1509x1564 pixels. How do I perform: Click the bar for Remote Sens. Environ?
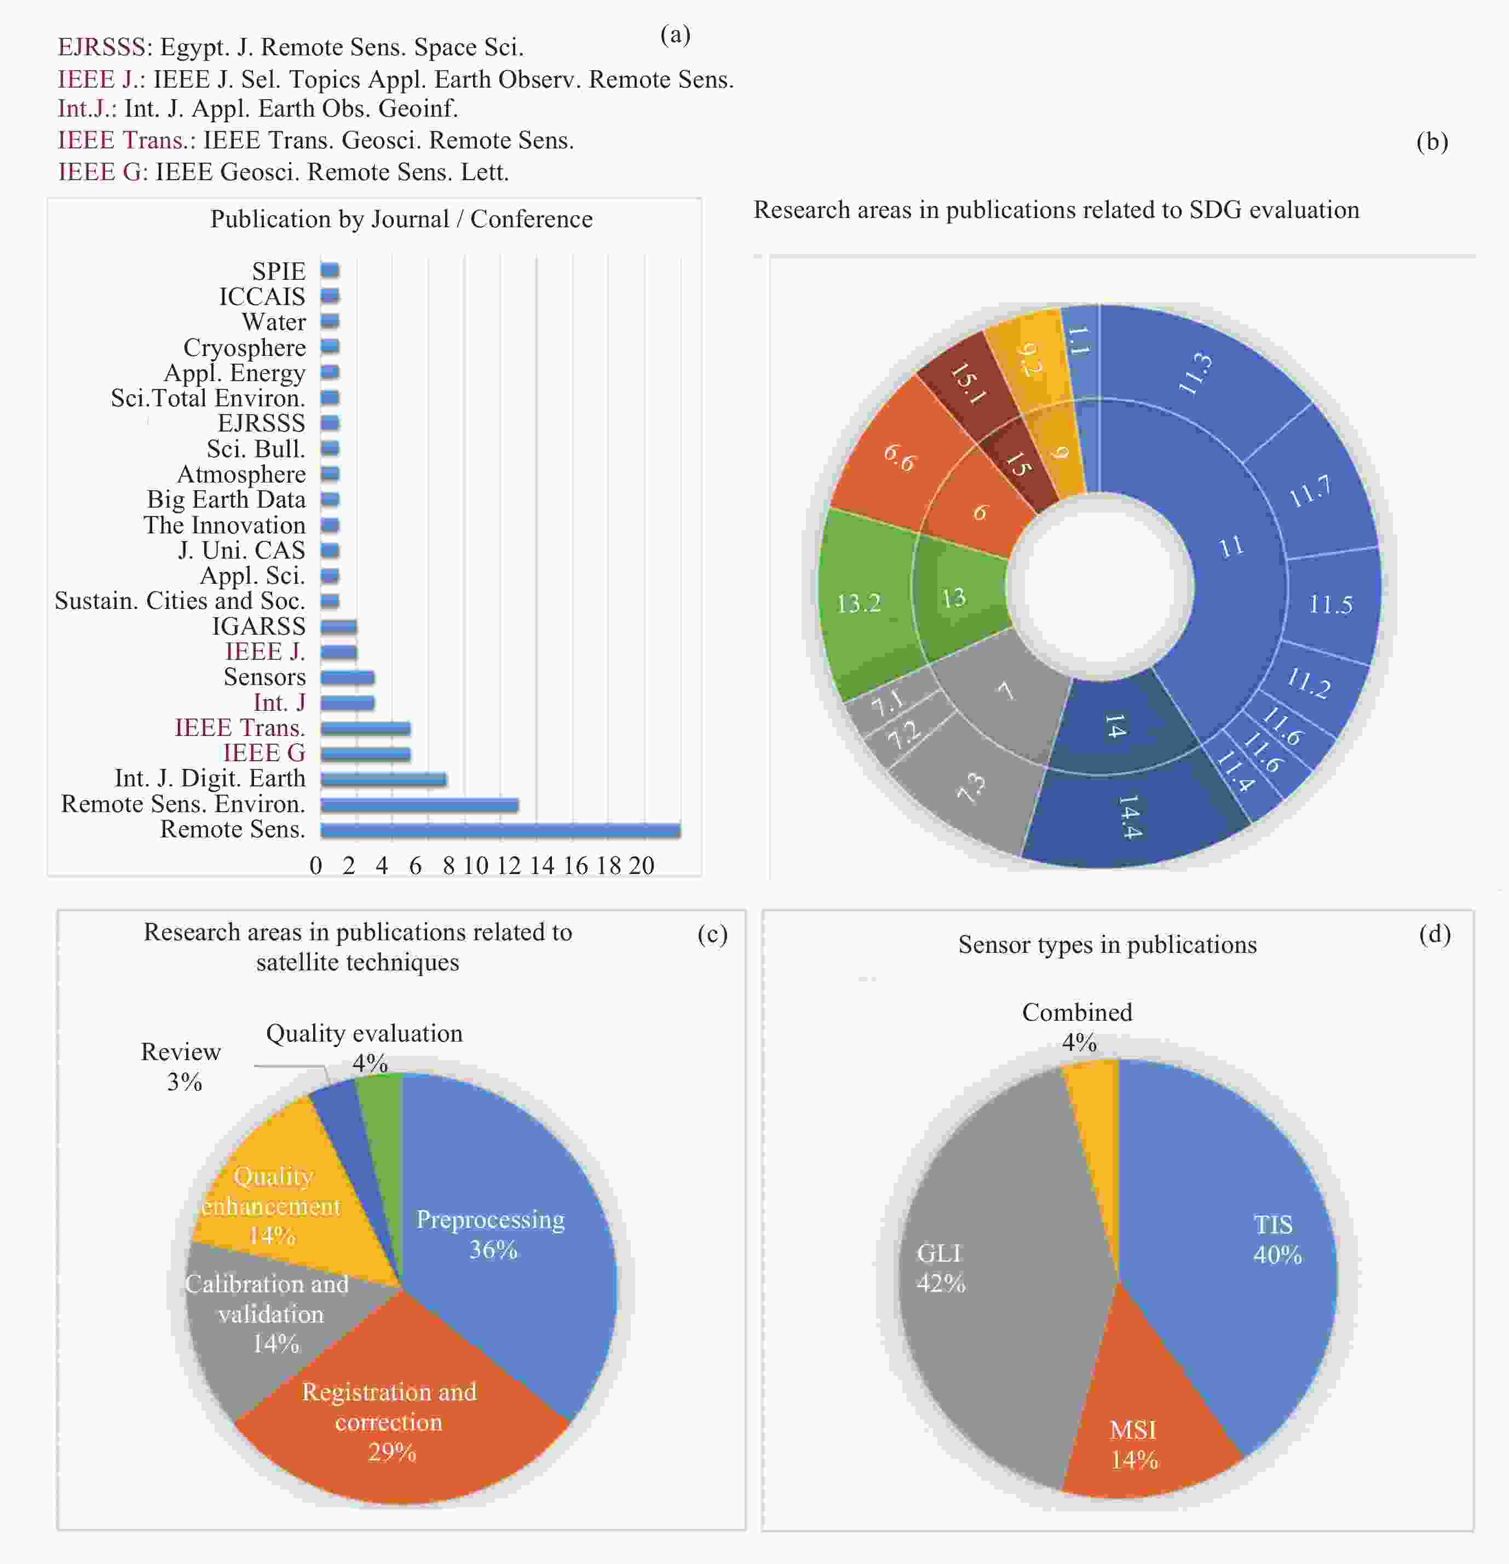click(420, 805)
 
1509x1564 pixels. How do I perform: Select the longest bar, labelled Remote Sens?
click(500, 831)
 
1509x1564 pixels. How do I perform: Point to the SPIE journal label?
click(279, 271)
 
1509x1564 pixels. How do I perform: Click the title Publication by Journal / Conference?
click(401, 220)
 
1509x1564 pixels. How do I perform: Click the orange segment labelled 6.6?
click(894, 455)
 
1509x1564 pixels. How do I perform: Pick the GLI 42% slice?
click(998, 1277)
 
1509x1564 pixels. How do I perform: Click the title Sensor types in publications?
click(1108, 945)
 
